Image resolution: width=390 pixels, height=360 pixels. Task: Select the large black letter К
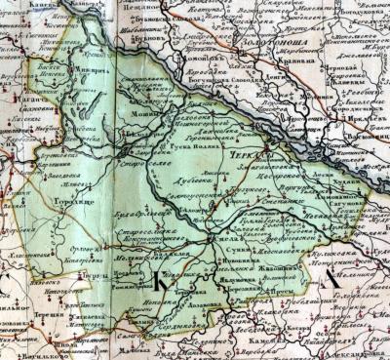[x=158, y=284]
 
